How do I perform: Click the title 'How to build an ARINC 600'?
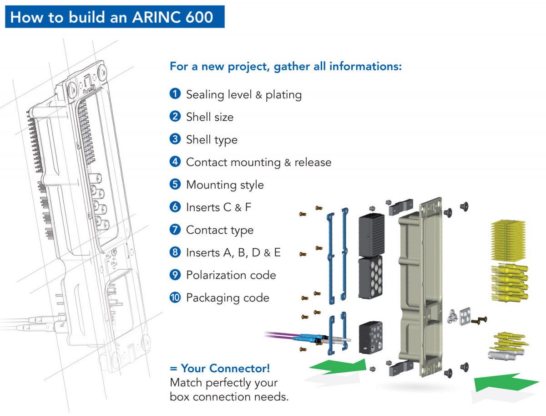point(112,17)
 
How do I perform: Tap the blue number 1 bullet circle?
point(175,94)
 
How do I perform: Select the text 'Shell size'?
point(209,117)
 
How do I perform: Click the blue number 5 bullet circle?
point(175,185)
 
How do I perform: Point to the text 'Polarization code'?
point(231,275)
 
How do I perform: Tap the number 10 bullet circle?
point(175,298)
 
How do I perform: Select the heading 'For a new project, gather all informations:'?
point(286,66)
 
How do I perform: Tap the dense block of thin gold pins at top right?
point(508,240)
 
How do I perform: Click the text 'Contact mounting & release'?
point(258,162)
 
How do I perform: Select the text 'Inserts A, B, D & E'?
point(233,252)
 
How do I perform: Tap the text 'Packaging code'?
point(227,298)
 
